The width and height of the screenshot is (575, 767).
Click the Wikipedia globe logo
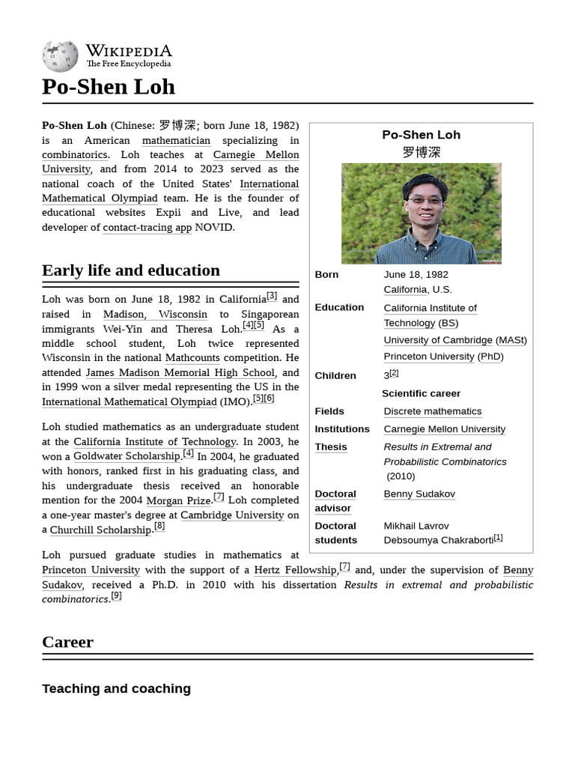coord(60,55)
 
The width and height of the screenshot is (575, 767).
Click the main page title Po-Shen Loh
coord(109,87)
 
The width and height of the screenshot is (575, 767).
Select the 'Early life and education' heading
coord(131,270)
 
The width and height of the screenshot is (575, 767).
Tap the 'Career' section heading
coord(68,642)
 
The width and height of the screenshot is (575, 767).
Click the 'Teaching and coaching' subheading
coord(116,688)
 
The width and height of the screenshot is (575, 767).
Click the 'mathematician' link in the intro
coord(176,140)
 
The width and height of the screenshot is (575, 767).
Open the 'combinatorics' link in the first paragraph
coord(75,155)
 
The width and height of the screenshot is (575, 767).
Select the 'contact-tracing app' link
coord(147,228)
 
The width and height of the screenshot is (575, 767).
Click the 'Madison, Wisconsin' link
coord(155,315)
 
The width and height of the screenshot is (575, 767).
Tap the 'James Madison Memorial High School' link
coord(180,373)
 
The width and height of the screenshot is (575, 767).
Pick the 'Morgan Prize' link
coord(178,500)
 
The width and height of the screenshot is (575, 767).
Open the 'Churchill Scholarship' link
coord(100,530)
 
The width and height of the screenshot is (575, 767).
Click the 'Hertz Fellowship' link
coord(295,570)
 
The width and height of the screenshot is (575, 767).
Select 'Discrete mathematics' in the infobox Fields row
coord(432,411)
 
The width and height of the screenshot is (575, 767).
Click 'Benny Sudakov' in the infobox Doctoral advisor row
coord(419,494)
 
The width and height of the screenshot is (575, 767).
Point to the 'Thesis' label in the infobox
coord(331,447)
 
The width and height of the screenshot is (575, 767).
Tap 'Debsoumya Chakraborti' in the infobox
coord(438,540)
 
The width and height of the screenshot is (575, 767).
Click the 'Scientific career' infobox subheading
coord(421,393)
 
